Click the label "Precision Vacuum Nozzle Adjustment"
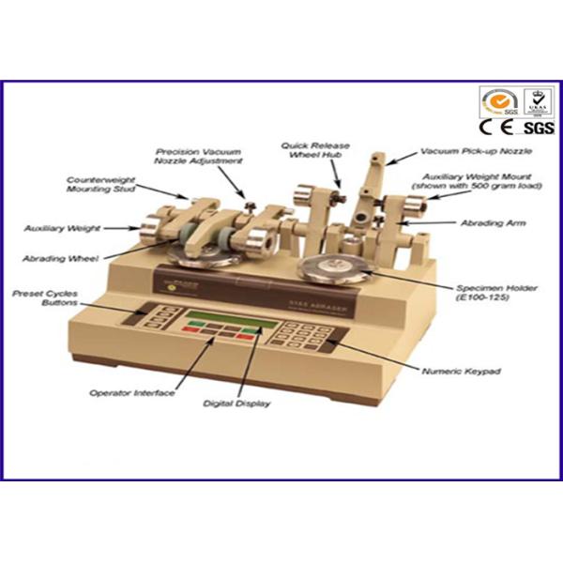(x=199, y=156)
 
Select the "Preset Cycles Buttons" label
(x=44, y=297)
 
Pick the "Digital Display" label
(x=236, y=403)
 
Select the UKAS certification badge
(x=537, y=101)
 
